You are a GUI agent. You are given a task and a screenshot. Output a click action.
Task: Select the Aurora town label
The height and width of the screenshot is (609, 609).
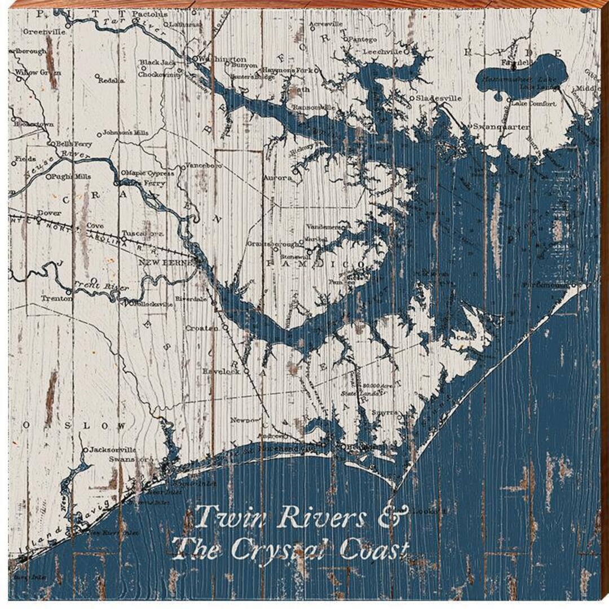[x=278, y=178]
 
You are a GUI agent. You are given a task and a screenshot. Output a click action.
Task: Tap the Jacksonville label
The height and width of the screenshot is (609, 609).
[x=113, y=450]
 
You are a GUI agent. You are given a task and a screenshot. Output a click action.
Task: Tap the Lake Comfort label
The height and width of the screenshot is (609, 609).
[x=533, y=104]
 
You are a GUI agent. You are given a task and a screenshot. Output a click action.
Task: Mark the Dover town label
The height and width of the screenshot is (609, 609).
[x=48, y=214]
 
